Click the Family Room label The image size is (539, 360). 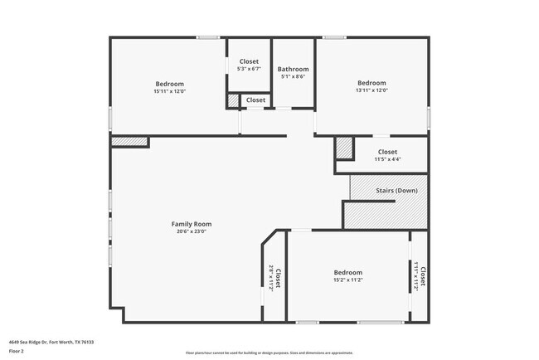[192, 224]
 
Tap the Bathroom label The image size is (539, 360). [293, 69]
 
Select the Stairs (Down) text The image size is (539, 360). [396, 191]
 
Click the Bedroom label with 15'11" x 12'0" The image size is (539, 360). [169, 83]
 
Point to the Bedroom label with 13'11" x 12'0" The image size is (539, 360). [371, 83]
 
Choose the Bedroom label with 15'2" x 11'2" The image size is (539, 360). [348, 272]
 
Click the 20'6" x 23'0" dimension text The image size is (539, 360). [192, 232]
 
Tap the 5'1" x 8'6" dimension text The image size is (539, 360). [293, 76]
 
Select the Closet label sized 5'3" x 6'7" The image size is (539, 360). [249, 61]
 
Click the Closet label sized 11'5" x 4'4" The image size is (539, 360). [387, 152]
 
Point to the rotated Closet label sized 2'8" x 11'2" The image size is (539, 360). [278, 278]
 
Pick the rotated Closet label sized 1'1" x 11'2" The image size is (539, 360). [422, 276]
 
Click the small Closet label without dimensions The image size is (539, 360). [255, 100]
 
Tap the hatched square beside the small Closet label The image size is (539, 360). [233, 100]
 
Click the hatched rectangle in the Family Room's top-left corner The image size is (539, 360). [129, 142]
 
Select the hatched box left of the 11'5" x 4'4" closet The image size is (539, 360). [344, 148]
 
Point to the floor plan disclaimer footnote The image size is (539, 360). [269, 352]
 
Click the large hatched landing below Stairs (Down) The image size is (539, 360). [386, 215]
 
